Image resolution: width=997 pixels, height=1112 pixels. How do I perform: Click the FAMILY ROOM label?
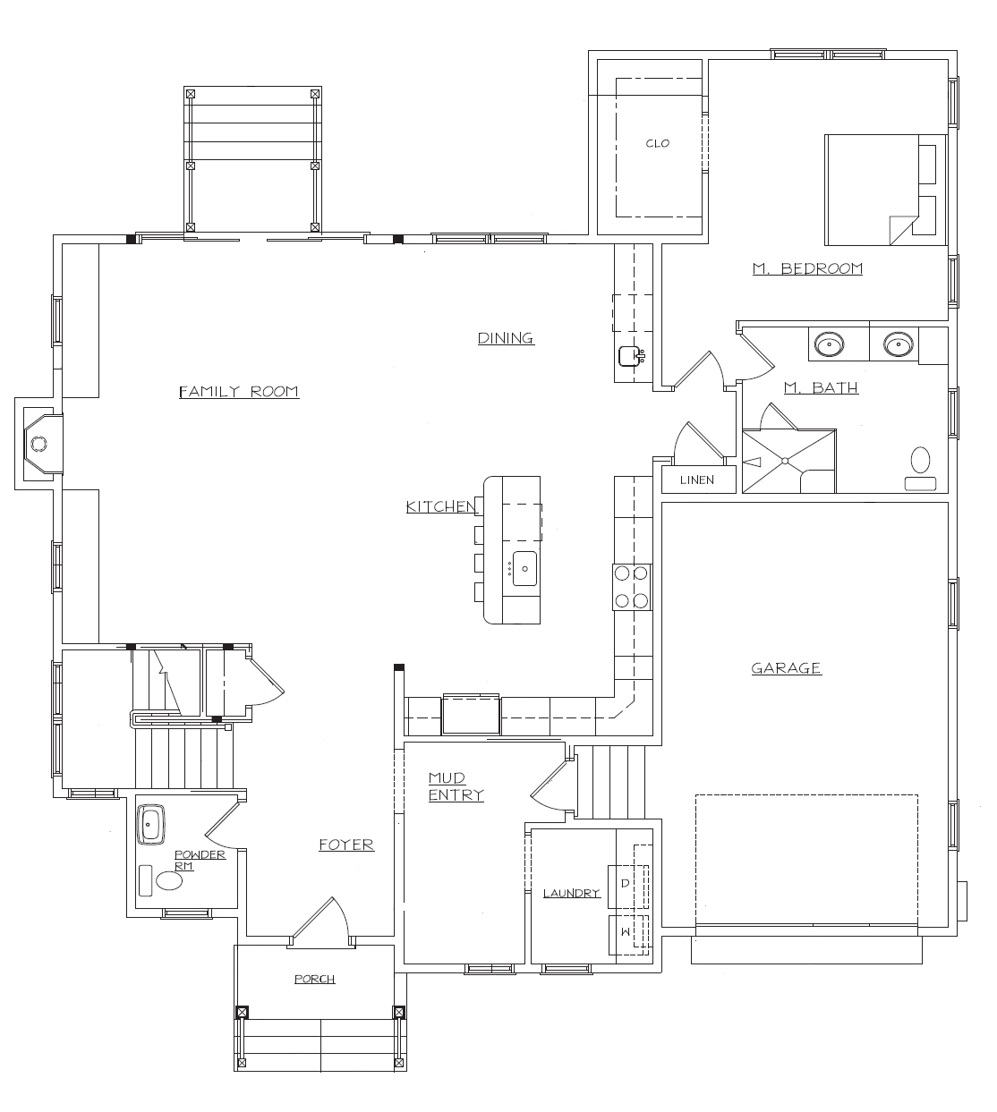pos(239,391)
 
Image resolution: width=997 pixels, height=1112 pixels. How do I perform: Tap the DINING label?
pos(506,338)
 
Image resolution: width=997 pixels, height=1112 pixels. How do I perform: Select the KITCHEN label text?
pos(440,507)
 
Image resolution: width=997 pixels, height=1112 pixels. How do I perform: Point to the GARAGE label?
pos(786,668)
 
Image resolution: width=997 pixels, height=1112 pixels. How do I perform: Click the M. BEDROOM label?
pos(807,268)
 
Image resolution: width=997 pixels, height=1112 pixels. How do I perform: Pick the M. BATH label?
pos(821,387)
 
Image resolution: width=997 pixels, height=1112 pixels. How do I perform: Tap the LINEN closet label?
pos(697,480)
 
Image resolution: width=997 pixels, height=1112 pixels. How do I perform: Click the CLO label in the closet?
pos(658,143)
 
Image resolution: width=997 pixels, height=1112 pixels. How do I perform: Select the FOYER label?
pos(346,845)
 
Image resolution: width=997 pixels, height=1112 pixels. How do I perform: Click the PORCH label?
pos(315,980)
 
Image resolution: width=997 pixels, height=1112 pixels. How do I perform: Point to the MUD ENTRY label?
pos(456,786)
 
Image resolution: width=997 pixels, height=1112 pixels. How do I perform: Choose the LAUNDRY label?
pos(571,893)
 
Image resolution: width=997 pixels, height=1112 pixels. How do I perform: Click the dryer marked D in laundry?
pos(626,884)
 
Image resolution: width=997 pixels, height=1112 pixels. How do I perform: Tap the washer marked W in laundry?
pos(626,934)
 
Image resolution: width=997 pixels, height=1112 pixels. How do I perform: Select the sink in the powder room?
pos(151,824)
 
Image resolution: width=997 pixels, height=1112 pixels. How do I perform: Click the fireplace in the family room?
pos(39,443)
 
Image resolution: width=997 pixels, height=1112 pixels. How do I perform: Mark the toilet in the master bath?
pos(920,465)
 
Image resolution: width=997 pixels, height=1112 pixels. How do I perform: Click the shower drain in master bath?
pos(785,461)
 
